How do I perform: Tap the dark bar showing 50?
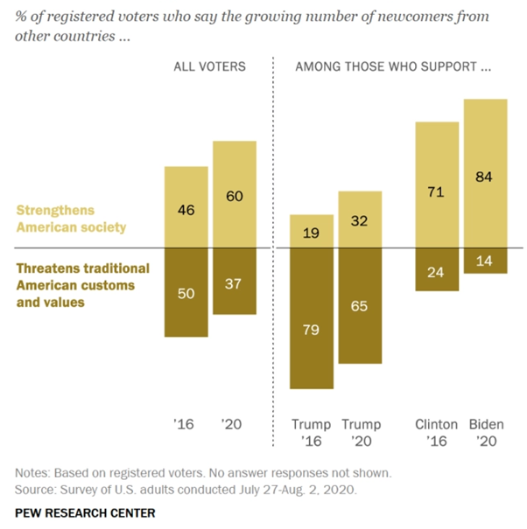coord(186,292)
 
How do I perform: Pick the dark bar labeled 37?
coord(234,281)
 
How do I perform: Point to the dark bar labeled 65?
coord(359,306)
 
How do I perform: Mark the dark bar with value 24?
coord(437,269)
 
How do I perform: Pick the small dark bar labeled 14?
coord(485,261)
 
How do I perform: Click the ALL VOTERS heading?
coord(209,66)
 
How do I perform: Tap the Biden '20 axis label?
coord(485,434)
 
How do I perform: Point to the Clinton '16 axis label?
coord(437,434)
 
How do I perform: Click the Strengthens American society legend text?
coord(69,219)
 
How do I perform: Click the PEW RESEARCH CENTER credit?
coord(85,512)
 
